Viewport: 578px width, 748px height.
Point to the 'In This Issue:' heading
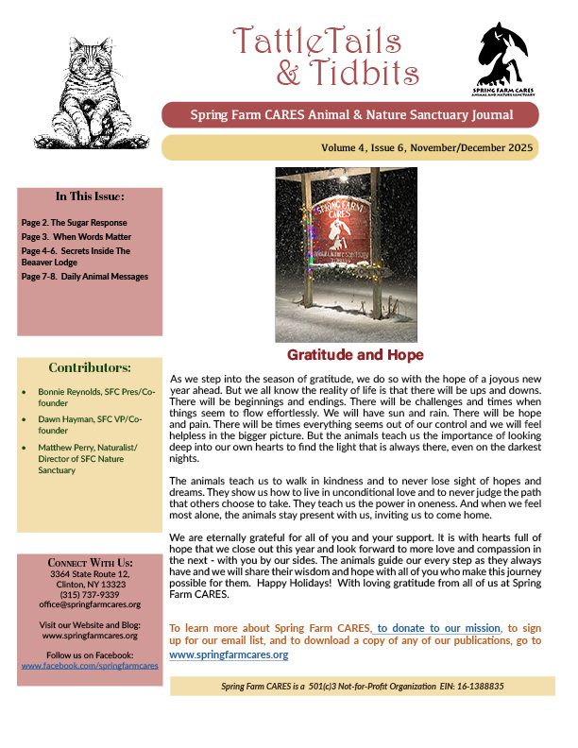[x=90, y=197]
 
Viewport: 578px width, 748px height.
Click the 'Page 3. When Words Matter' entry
[x=76, y=236]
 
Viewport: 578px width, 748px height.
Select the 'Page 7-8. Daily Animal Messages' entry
[x=85, y=277]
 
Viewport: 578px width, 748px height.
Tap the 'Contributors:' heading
[x=90, y=367]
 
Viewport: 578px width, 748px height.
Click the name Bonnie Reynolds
[x=65, y=390]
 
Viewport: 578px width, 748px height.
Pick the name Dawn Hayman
[x=62, y=419]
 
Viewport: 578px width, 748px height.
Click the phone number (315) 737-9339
[x=91, y=594]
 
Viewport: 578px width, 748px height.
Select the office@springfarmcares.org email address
[x=91, y=604]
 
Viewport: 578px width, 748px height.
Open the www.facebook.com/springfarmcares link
[x=91, y=665]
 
